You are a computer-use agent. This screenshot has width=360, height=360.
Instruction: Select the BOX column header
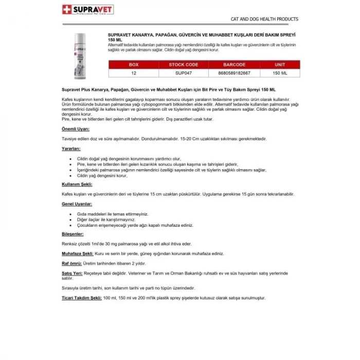[134, 65]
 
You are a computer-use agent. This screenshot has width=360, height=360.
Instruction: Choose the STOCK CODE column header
[184, 65]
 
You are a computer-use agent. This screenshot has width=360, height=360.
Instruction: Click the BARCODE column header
[235, 65]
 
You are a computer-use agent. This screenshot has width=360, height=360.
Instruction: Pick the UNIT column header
[280, 65]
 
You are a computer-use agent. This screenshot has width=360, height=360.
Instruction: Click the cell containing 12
[134, 74]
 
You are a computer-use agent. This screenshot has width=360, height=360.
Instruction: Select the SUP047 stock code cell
[184, 74]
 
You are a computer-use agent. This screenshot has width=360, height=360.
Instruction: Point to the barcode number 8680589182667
[235, 74]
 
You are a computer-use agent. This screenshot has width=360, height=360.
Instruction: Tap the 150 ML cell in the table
[280, 74]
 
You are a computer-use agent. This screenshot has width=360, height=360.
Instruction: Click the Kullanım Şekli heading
[77, 184]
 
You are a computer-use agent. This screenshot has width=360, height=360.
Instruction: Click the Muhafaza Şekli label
[77, 253]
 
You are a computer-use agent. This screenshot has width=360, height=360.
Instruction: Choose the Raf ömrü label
[71, 262]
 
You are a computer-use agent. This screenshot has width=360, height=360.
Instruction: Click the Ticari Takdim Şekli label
[81, 298]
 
